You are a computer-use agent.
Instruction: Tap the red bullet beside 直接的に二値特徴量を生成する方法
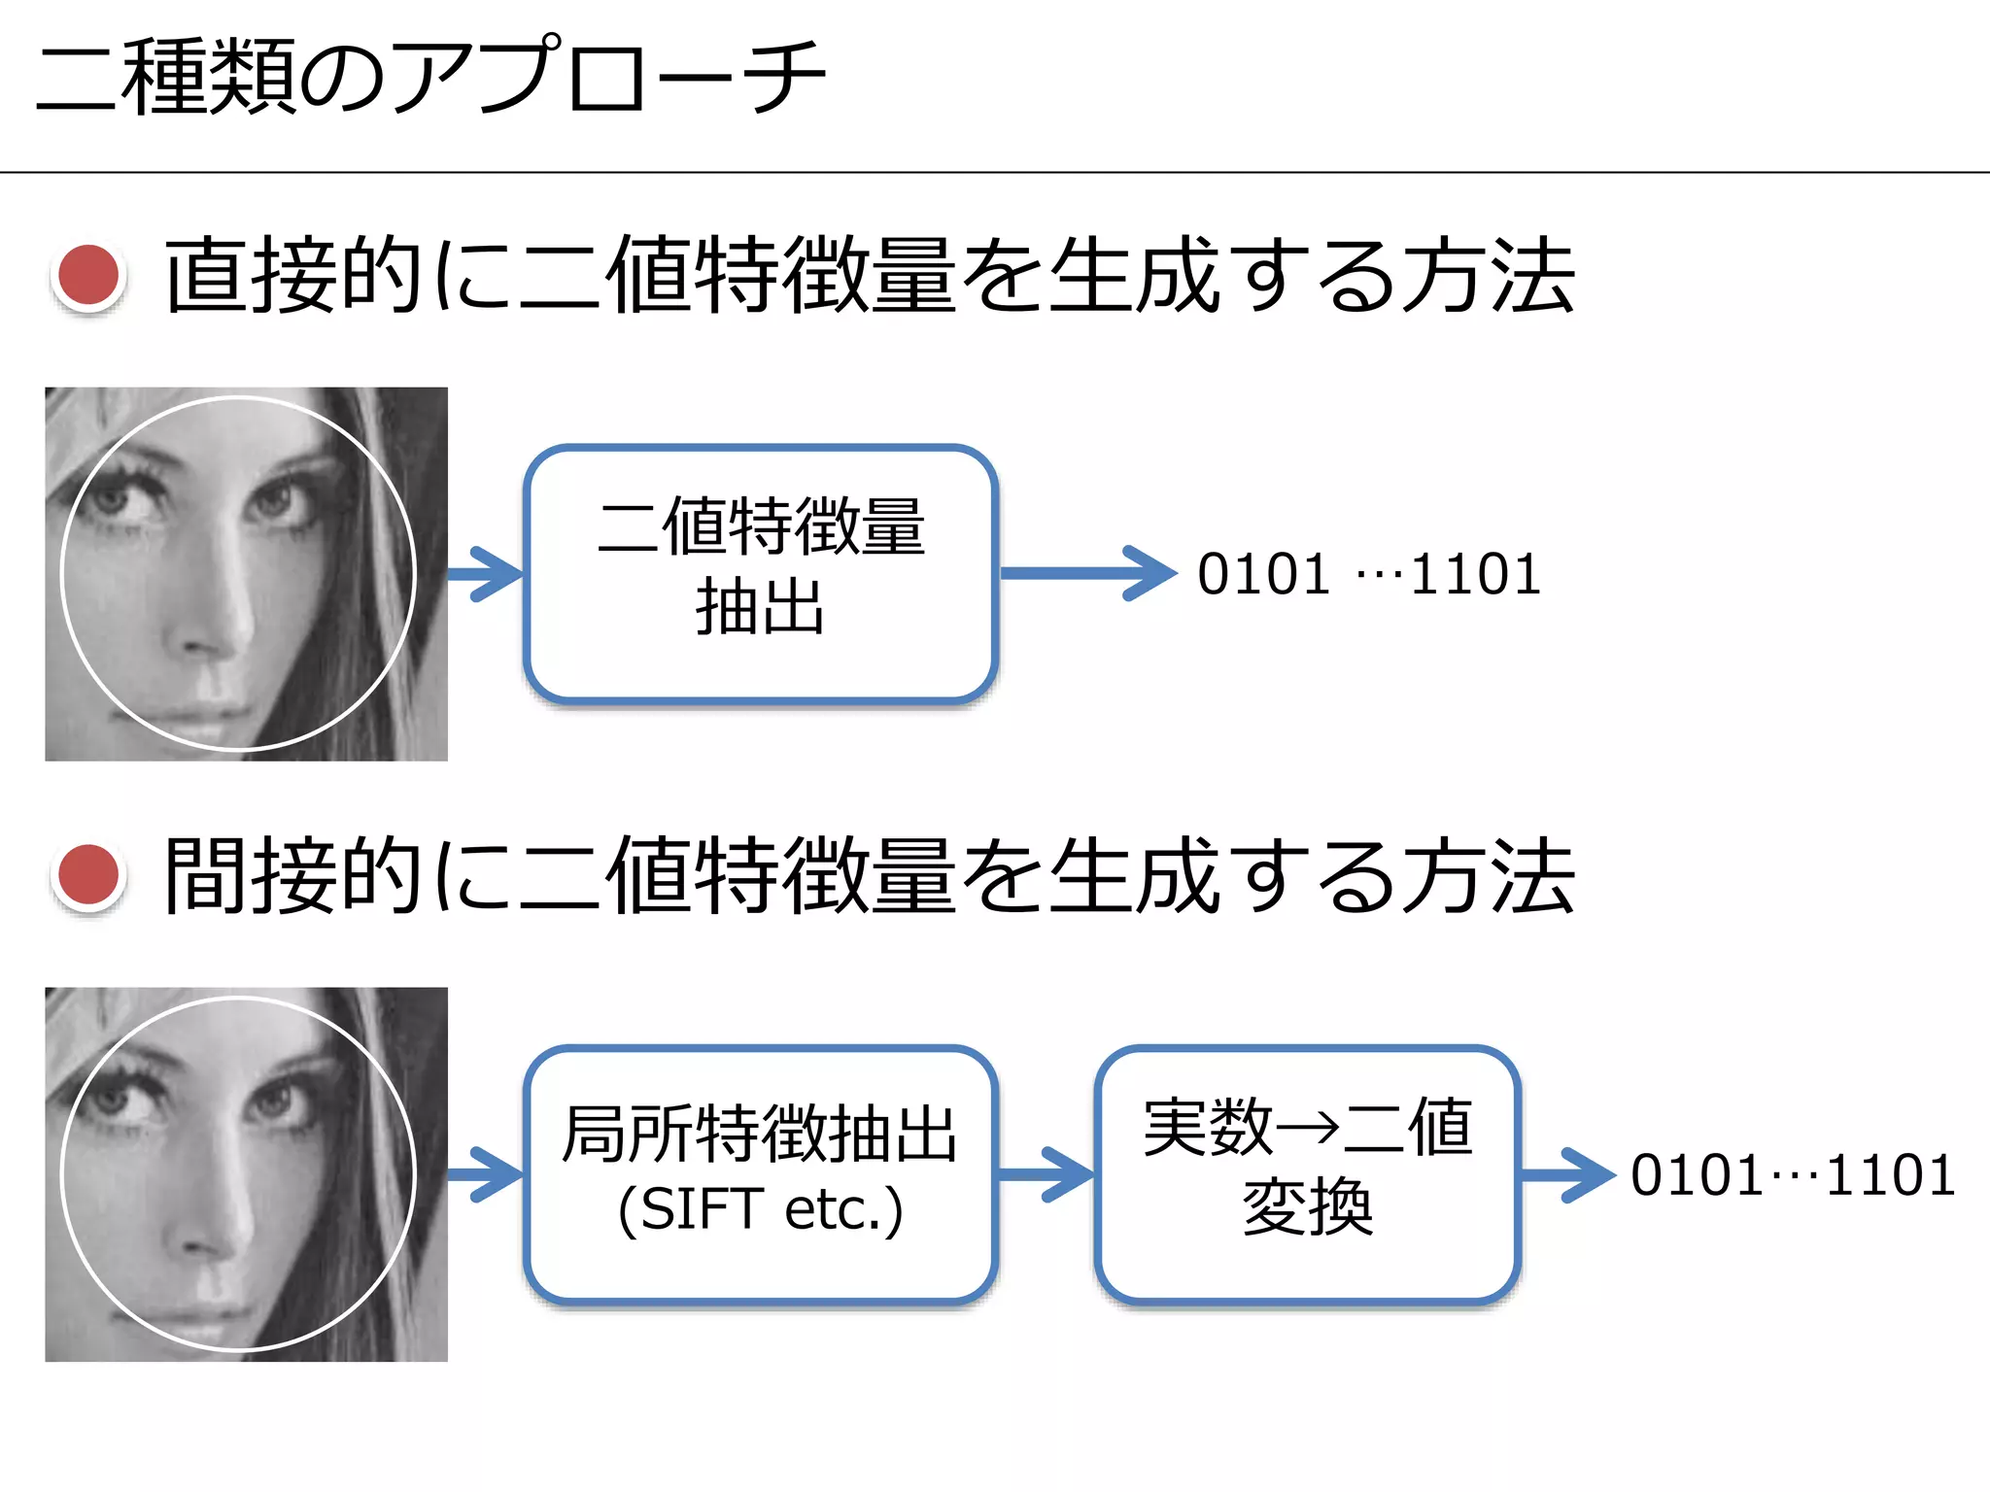click(x=88, y=276)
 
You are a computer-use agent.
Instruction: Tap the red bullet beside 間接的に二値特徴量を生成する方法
click(x=88, y=876)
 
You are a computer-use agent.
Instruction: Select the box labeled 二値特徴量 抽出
click(x=761, y=573)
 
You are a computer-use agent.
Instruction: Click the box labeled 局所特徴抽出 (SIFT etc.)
click(x=761, y=1173)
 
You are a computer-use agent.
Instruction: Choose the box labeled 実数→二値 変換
click(x=1307, y=1173)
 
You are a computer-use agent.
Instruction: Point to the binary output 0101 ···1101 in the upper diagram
click(x=1368, y=574)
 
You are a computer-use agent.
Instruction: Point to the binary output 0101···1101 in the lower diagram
click(x=1793, y=1175)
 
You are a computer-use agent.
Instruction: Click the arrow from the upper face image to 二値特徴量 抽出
click(x=486, y=574)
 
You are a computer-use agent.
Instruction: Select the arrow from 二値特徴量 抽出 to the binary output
click(x=1088, y=573)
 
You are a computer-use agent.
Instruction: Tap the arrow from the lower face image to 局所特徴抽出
click(x=486, y=1174)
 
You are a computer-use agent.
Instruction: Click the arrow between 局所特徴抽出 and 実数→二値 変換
click(x=1046, y=1174)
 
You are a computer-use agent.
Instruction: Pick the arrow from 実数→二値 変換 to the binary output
click(x=1566, y=1174)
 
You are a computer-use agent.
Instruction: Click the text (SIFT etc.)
click(x=761, y=1210)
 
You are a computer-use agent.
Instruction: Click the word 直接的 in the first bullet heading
click(x=292, y=276)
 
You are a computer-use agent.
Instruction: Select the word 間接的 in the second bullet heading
click(x=292, y=876)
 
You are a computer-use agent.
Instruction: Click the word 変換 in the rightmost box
click(x=1307, y=1207)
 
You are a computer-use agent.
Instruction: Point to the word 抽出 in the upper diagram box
click(x=760, y=607)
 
